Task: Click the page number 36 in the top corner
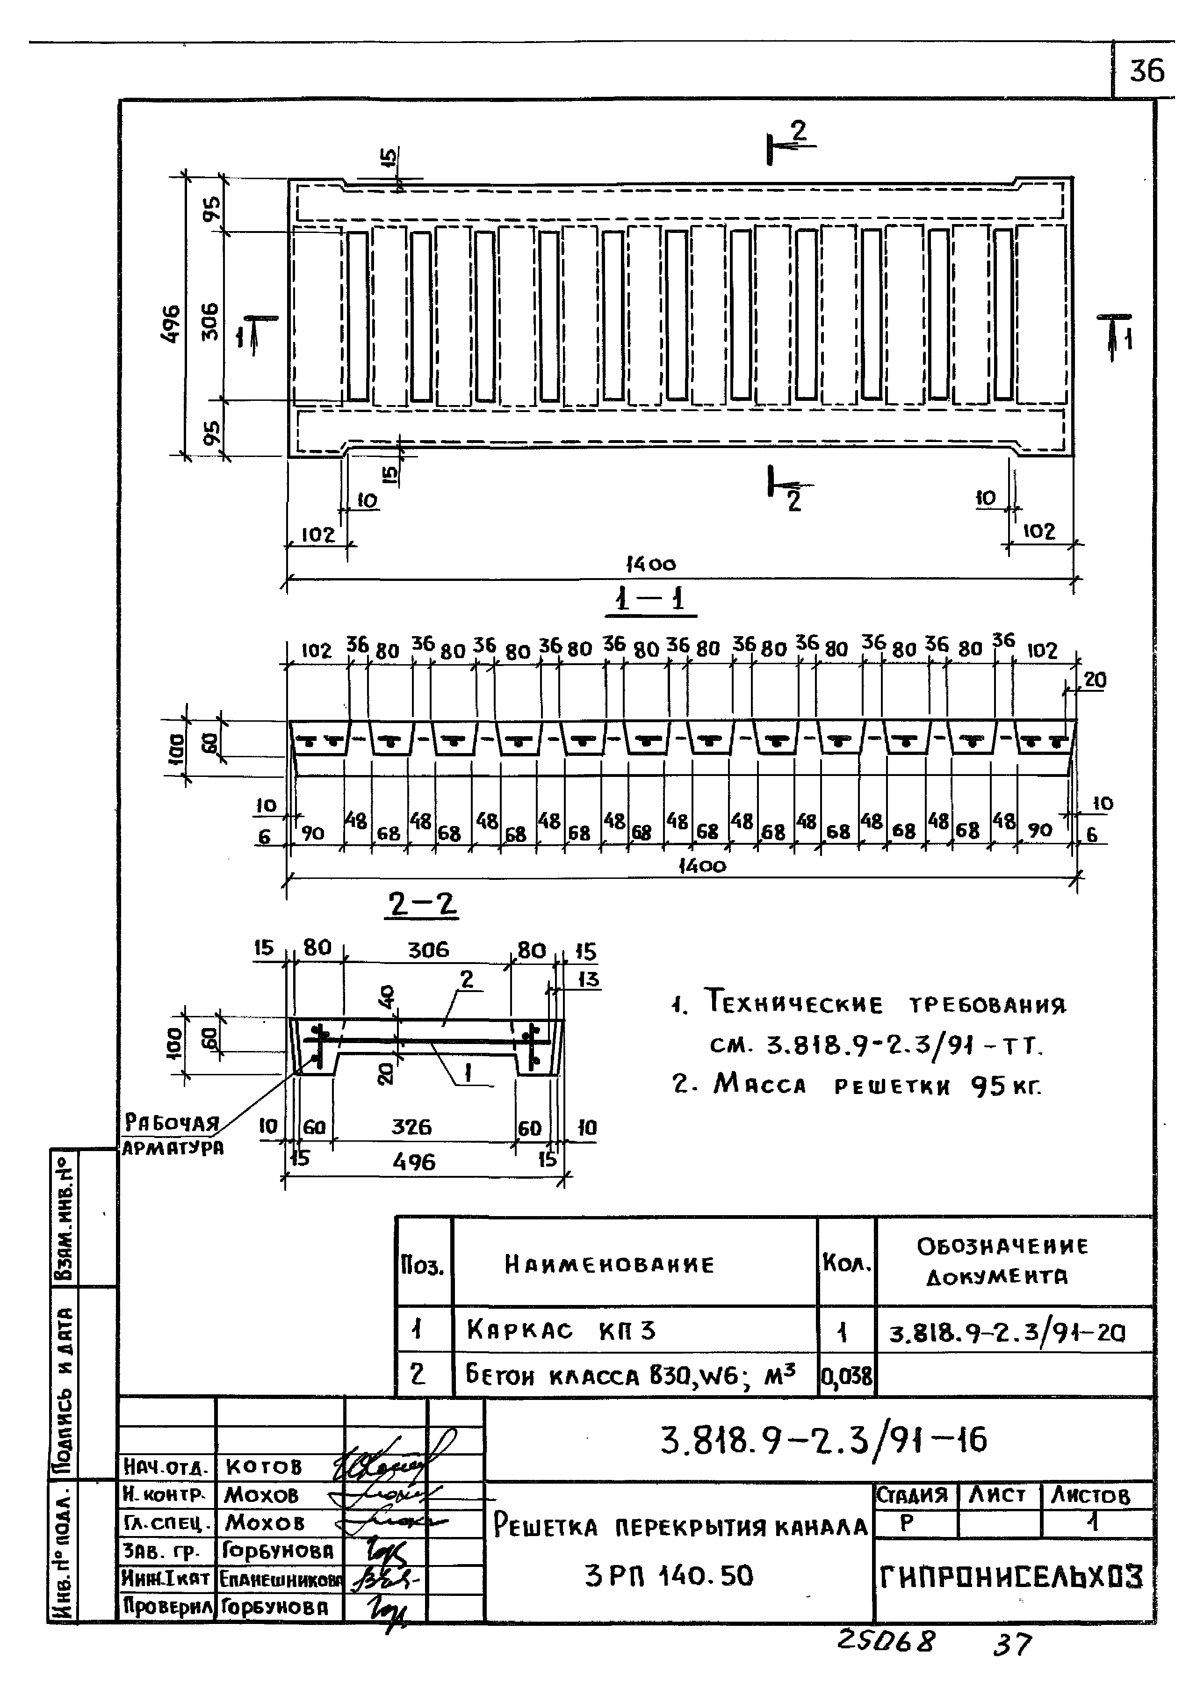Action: tap(1146, 71)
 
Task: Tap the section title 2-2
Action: tap(422, 905)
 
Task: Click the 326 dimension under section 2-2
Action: tap(411, 1127)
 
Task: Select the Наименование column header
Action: tap(609, 1264)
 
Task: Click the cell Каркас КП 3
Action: tap(561, 1330)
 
